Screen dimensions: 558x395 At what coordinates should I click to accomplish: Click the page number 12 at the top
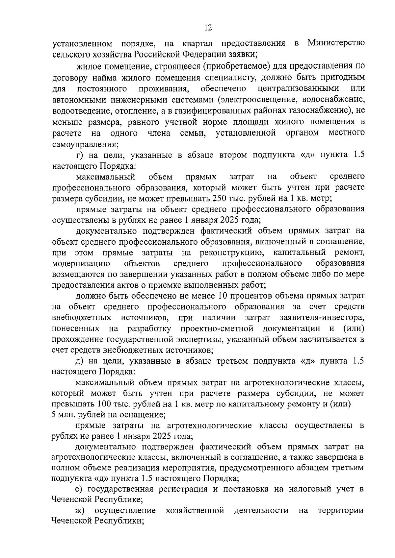coord(208,28)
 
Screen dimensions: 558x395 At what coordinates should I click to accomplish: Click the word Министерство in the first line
coord(336,43)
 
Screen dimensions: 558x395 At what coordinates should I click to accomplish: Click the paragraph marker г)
coord(78,155)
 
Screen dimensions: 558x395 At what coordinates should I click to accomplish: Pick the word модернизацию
coord(81,263)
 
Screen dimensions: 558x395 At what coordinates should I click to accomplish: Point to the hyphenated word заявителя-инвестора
coord(322,318)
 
